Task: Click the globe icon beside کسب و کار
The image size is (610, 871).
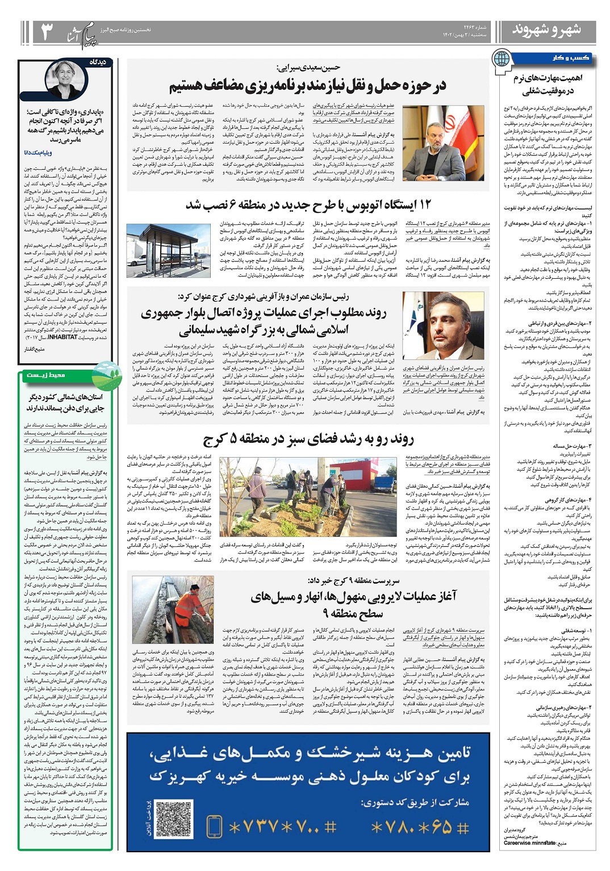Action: [x=502, y=59]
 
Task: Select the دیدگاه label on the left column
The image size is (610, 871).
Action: [x=98, y=62]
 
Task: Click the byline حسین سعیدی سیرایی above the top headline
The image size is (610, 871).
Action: [x=308, y=68]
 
